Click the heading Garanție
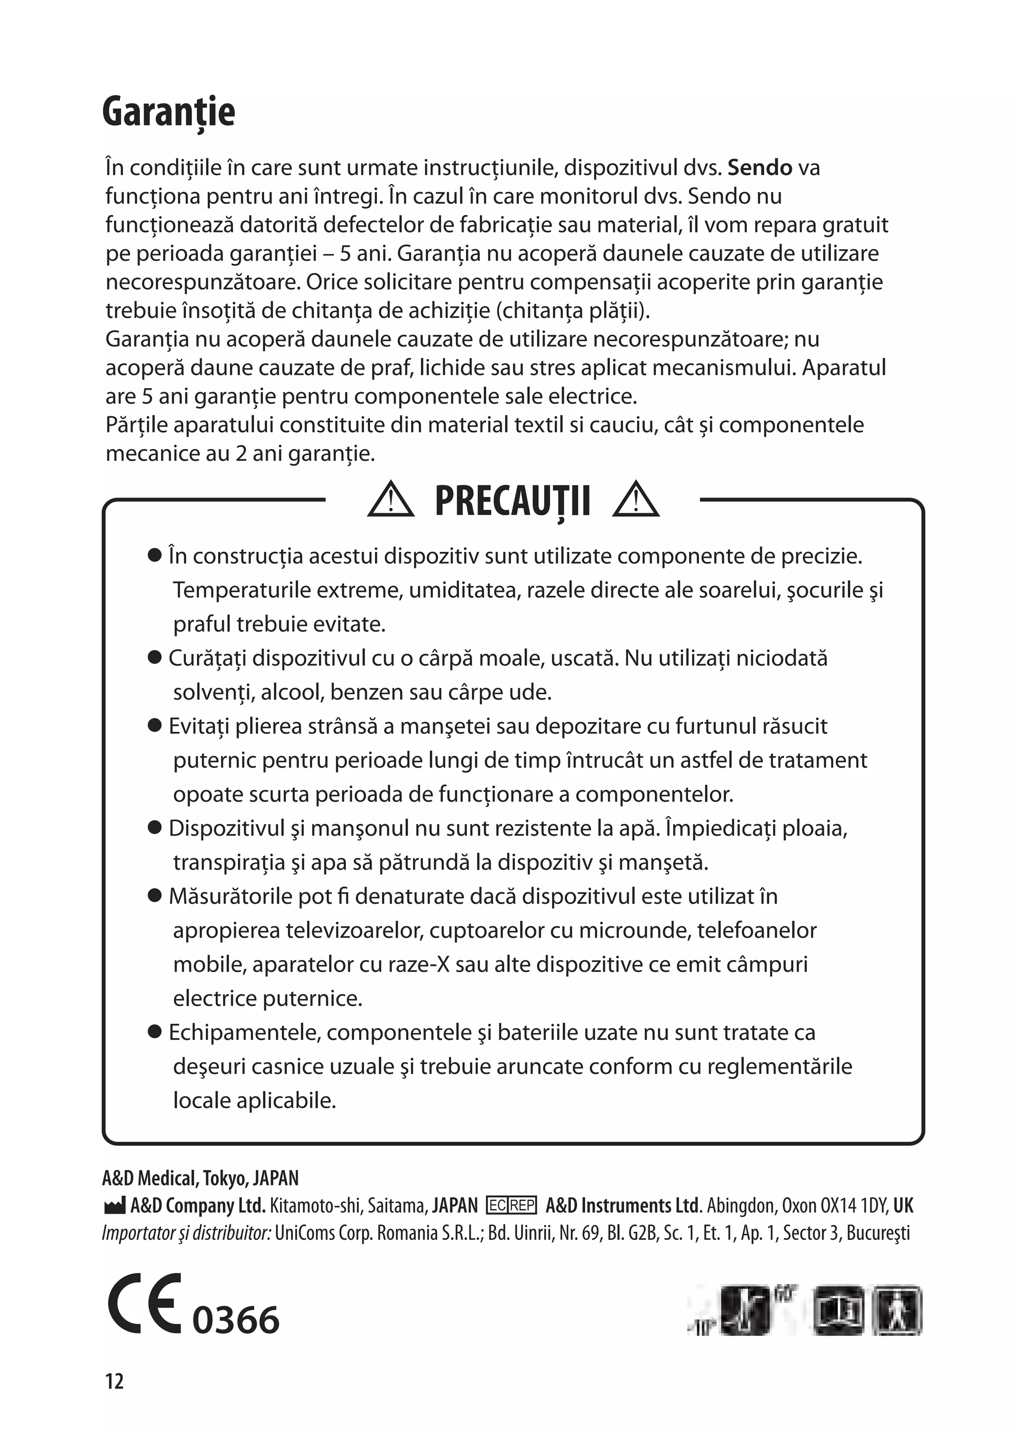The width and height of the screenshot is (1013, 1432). (168, 112)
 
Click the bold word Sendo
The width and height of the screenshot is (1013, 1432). (760, 168)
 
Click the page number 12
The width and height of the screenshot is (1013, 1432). (115, 1381)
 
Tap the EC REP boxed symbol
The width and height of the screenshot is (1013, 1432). (511, 1205)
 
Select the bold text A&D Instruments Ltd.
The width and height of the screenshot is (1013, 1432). (623, 1205)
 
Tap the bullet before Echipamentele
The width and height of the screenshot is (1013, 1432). (155, 1031)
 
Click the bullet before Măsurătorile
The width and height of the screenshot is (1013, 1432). (155, 896)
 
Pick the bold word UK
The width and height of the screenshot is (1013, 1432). (903, 1205)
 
